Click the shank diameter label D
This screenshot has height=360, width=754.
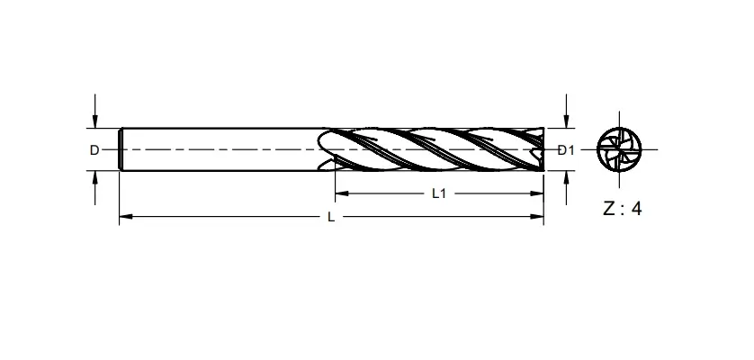[94, 150]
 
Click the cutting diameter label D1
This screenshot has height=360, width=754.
[566, 150]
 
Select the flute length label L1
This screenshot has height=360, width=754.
[439, 193]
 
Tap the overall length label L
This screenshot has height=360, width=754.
[331, 217]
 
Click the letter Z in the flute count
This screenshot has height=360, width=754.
[609, 209]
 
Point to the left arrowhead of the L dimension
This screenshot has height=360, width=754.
[125, 217]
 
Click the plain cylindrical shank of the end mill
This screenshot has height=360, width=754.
[225, 148]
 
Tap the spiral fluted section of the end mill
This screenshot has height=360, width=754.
[432, 148]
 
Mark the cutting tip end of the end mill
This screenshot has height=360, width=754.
[540, 148]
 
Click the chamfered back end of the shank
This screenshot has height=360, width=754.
[122, 148]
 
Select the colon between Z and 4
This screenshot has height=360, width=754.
[624, 210]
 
